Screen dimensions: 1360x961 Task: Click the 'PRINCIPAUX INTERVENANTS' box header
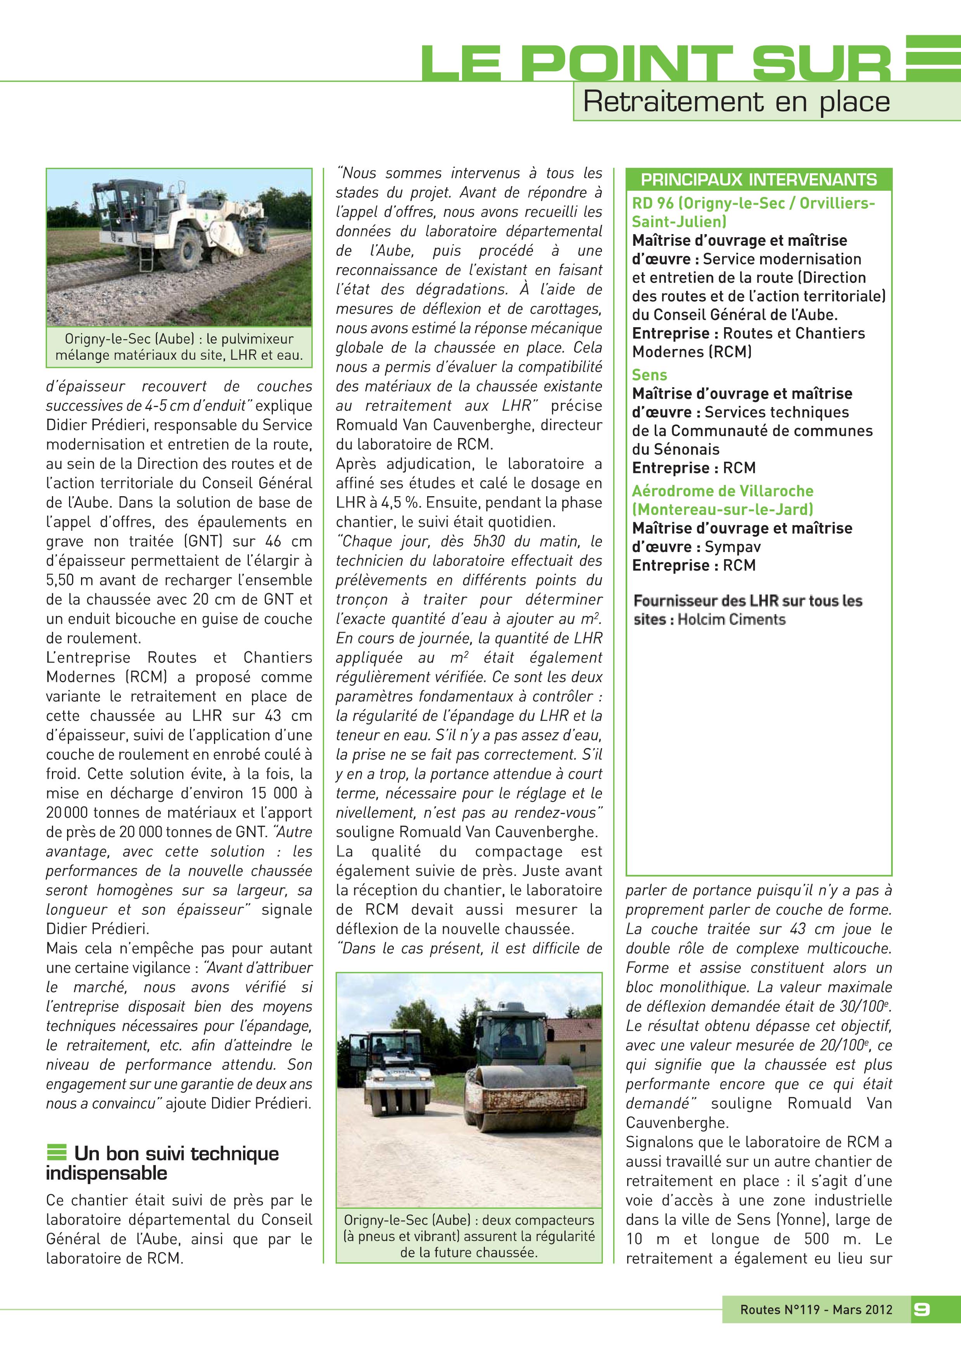point(759,179)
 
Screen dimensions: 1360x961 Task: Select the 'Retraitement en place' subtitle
point(736,102)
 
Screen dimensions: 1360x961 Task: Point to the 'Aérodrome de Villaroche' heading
point(722,491)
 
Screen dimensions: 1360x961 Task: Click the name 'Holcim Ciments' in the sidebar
point(731,620)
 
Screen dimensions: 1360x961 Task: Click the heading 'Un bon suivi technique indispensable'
point(163,1163)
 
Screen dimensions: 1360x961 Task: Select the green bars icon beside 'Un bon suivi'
point(57,1153)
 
